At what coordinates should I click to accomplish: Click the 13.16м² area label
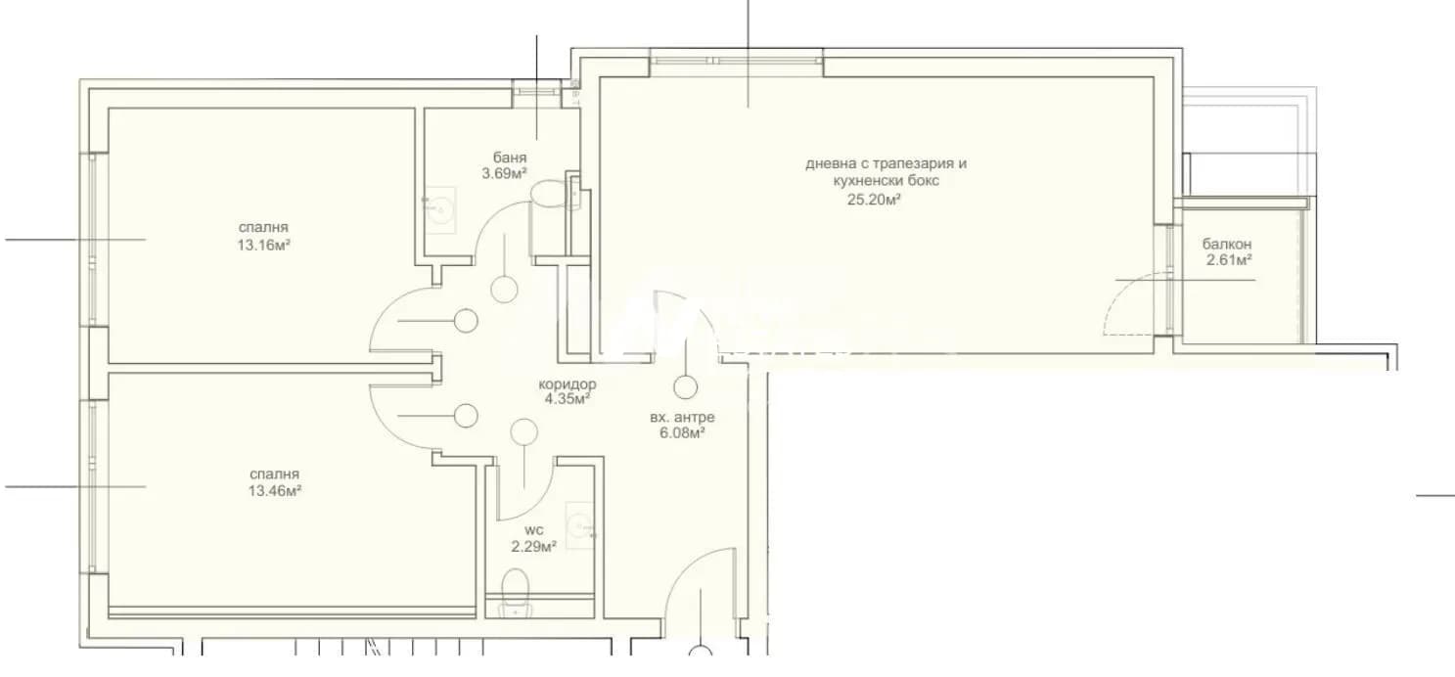click(263, 246)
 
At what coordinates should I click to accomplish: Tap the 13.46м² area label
click(274, 491)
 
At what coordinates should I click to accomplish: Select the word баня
click(510, 158)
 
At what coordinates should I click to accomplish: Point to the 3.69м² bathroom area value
click(504, 173)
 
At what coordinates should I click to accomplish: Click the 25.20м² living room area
click(874, 200)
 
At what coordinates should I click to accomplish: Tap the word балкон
click(1226, 245)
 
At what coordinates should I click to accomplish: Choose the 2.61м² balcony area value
click(1229, 260)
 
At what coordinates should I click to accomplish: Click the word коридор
click(568, 384)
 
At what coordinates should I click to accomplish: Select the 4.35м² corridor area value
click(568, 399)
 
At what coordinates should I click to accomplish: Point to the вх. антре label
click(682, 418)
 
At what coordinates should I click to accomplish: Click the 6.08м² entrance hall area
click(682, 433)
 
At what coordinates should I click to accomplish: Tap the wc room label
click(533, 531)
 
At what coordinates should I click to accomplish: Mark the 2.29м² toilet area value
click(533, 547)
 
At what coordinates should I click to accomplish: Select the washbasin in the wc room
click(579, 525)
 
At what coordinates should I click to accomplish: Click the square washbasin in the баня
click(440, 210)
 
